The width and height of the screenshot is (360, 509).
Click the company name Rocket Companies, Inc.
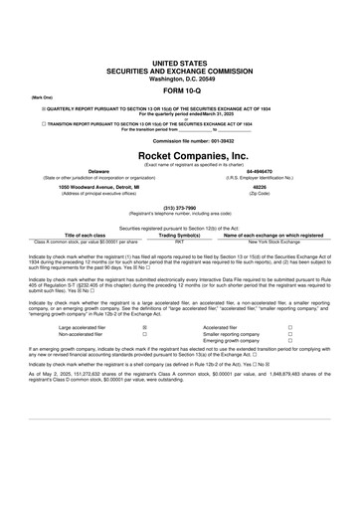pyautogui.click(x=180, y=156)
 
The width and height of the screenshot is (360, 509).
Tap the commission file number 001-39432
pyautogui.click(x=180, y=141)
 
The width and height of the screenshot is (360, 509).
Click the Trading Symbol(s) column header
pyautogui.click(x=180, y=235)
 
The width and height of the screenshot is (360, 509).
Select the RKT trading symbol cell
pyautogui.click(x=180, y=242)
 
